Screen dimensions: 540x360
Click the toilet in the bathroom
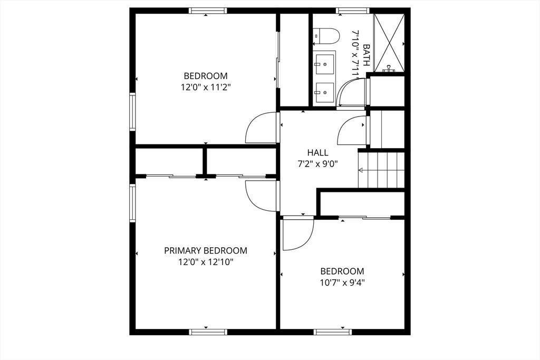[x=326, y=36]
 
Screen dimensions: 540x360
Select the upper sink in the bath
[x=324, y=64]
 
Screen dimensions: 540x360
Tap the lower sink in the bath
[x=324, y=92]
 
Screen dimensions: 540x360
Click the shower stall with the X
[x=389, y=43]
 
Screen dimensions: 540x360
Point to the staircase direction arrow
[x=361, y=170]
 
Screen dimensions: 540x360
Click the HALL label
[x=317, y=152]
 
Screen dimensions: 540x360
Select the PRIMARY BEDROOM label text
[x=206, y=250]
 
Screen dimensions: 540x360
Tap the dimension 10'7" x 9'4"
[x=342, y=283]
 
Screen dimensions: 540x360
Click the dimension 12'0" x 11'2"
[x=206, y=87]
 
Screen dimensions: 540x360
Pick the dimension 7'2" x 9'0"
[x=317, y=164]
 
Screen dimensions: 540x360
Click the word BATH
[x=367, y=55]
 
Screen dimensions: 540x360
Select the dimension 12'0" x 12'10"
[x=206, y=262]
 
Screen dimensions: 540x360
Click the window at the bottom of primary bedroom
[x=208, y=332]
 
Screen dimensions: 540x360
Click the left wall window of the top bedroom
[x=132, y=112]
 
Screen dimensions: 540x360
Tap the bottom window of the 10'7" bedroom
[x=333, y=332]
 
